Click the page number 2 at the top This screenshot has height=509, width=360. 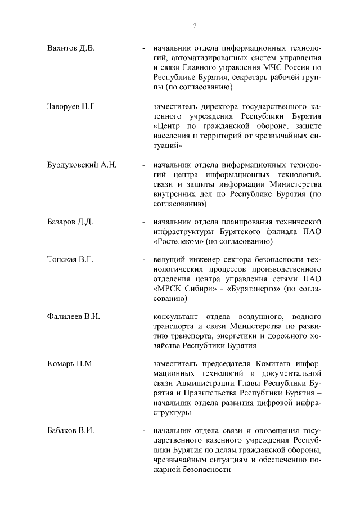click(x=195, y=25)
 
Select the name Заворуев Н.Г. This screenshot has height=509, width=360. click(x=72, y=106)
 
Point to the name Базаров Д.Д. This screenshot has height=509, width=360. click(x=70, y=222)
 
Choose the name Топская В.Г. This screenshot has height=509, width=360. click(x=70, y=259)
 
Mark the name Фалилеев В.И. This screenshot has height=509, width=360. click(x=74, y=317)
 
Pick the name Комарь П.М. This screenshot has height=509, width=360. click(x=70, y=364)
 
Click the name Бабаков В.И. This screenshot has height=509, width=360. click(x=70, y=431)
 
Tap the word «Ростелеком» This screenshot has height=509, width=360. click(x=178, y=241)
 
